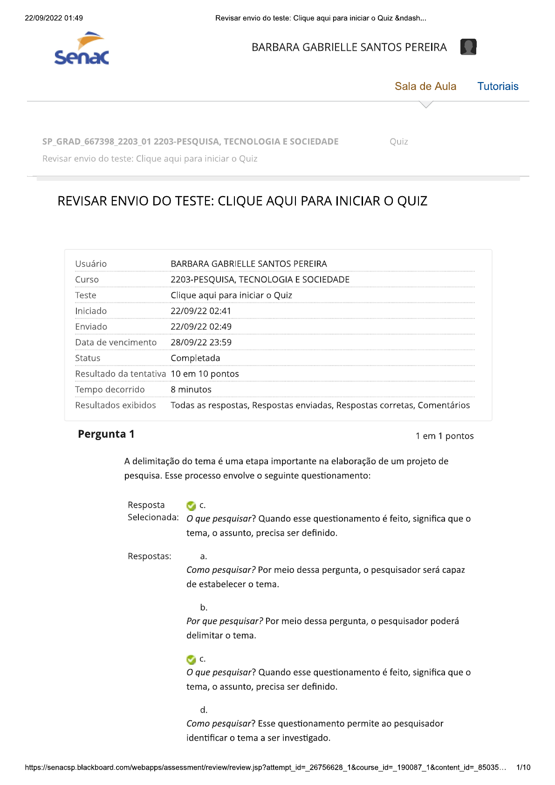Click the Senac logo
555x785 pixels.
pos(82,48)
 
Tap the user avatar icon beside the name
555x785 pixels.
pos(468,47)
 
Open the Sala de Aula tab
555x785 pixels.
pos(425,86)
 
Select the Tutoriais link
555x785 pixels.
pos(498,86)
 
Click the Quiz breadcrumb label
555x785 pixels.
pos(399,142)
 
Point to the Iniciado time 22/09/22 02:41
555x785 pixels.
pos(201,311)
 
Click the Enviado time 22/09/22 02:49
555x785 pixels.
pos(201,327)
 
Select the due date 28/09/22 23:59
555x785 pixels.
pos(201,342)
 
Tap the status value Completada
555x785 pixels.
pos(195,358)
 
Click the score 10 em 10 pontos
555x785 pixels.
pos(205,374)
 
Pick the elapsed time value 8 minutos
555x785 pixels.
pos(191,389)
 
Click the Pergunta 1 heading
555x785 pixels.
pos(106,434)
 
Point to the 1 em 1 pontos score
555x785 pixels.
pos(445,436)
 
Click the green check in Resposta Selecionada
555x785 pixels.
pos(191,506)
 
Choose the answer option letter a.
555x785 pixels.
pos(204,556)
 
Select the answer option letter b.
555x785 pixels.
pos(204,607)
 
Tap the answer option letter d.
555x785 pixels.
pos(204,710)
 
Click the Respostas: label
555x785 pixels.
pos(150,556)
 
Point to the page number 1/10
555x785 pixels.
pos(523,767)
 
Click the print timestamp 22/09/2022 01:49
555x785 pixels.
pos(54,18)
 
